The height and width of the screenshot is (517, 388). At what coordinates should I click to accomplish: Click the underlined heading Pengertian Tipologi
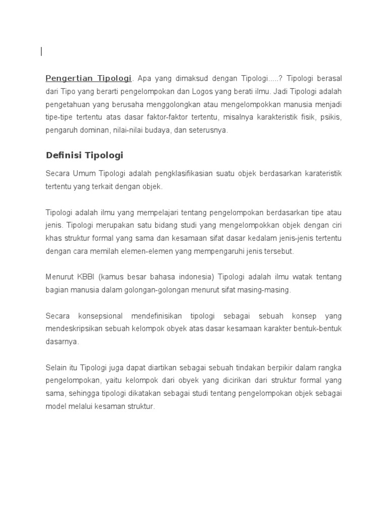pos(88,78)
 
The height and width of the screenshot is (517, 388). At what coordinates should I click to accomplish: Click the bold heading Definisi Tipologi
pos(84,155)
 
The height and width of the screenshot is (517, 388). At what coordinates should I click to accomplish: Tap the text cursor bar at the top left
pos(41,51)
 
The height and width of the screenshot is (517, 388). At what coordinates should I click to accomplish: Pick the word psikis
pos(331,117)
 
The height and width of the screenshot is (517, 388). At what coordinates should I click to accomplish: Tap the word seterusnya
pos(210,130)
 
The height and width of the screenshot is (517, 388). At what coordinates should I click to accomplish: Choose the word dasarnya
pos(62,341)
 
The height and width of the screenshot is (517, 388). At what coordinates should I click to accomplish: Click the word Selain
pos(57,367)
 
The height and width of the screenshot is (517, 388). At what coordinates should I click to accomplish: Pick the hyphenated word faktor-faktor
pos(169,117)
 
